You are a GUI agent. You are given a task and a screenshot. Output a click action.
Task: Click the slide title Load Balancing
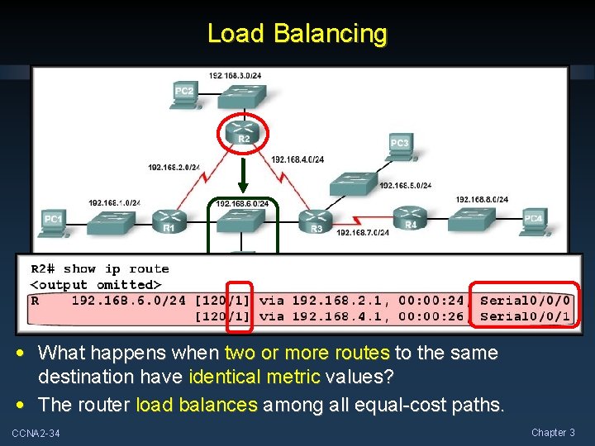click(x=297, y=34)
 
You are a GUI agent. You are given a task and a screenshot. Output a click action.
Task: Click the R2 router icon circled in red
click(x=244, y=132)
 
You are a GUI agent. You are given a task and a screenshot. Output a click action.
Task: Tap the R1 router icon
click(x=169, y=220)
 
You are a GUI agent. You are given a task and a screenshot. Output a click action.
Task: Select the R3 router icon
click(x=316, y=220)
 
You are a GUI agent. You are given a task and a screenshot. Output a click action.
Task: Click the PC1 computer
click(x=53, y=221)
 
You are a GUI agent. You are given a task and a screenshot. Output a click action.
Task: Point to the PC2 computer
click(x=184, y=93)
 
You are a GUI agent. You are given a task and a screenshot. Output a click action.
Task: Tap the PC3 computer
click(x=399, y=146)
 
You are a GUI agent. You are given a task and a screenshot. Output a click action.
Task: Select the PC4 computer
click(x=534, y=221)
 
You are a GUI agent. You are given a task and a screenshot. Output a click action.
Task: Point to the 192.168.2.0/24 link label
click(x=174, y=167)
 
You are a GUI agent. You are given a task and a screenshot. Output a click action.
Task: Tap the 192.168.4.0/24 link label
click(x=297, y=159)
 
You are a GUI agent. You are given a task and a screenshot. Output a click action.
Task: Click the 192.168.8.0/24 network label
click(x=482, y=199)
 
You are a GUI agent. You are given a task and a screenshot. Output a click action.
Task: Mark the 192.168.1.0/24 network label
click(x=115, y=203)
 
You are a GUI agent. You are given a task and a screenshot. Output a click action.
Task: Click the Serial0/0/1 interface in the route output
click(x=525, y=316)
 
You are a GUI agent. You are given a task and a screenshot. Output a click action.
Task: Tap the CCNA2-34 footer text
click(x=36, y=434)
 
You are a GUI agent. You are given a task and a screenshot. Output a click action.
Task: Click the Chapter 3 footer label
click(x=553, y=433)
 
